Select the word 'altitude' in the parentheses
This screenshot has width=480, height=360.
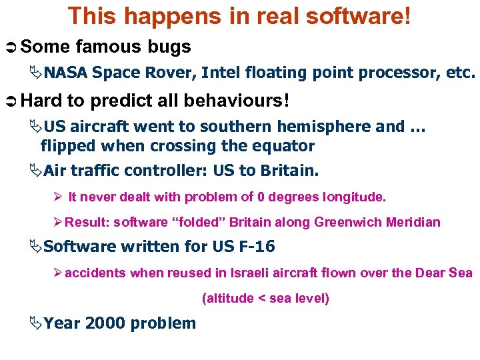click(230, 298)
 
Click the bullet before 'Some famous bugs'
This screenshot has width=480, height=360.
click(11, 47)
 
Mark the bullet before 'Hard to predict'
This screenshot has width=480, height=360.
click(11, 102)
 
